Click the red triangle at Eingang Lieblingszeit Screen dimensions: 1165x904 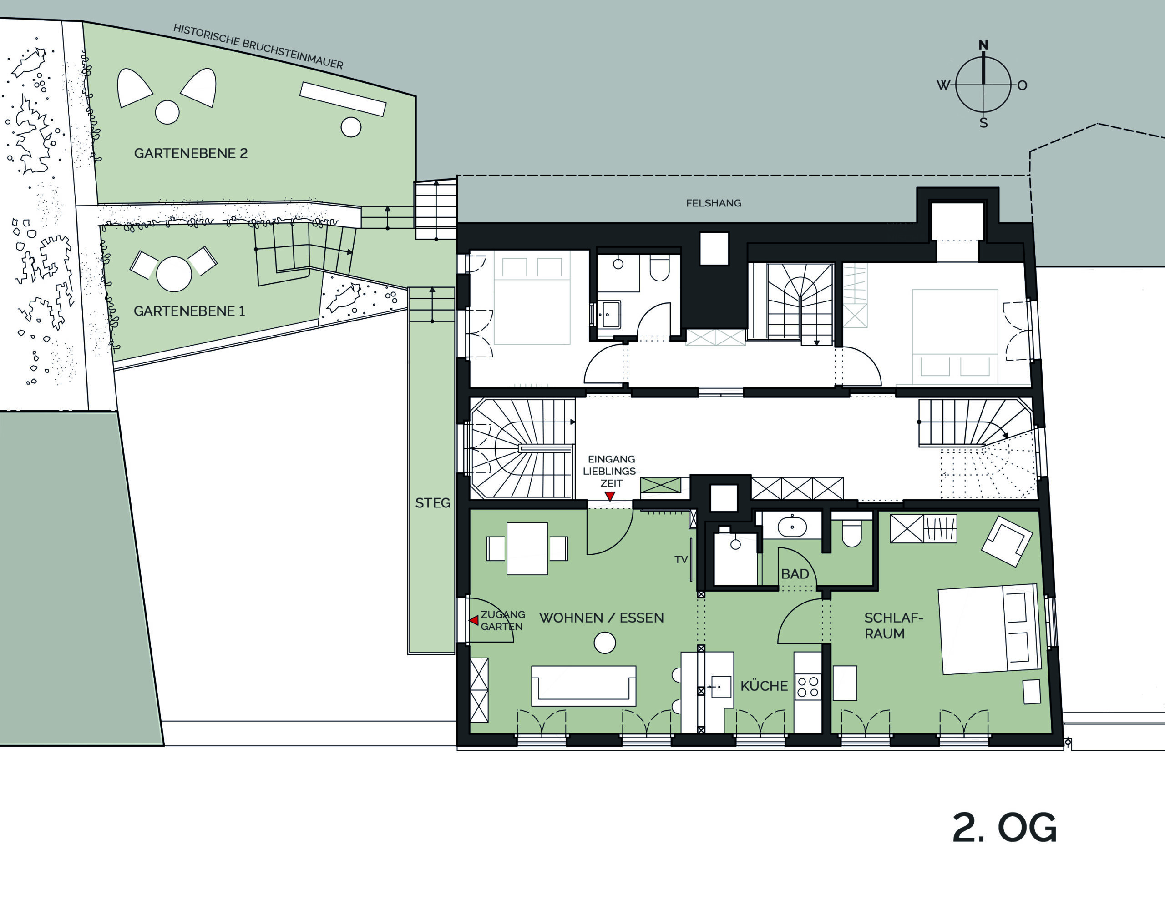(x=610, y=496)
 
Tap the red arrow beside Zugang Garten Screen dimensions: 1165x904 (x=474, y=620)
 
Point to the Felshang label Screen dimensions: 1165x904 (x=713, y=203)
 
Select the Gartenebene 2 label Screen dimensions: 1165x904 (x=191, y=154)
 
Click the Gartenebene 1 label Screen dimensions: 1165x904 (x=189, y=311)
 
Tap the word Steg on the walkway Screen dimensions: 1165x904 (x=433, y=502)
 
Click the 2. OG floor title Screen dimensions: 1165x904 (x=1004, y=828)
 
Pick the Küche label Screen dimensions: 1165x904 (x=764, y=686)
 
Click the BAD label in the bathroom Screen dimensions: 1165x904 (x=795, y=574)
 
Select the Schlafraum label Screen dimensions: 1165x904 (x=893, y=626)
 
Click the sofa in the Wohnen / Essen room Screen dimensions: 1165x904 (x=583, y=686)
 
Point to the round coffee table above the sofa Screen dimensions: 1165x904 (x=605, y=643)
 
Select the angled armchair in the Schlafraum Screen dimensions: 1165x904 (x=1007, y=541)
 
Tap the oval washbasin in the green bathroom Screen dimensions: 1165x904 (x=792, y=527)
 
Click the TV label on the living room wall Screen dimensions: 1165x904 (x=681, y=560)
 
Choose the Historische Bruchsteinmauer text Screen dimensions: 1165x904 (x=258, y=47)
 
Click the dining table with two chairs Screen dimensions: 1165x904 (x=527, y=548)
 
